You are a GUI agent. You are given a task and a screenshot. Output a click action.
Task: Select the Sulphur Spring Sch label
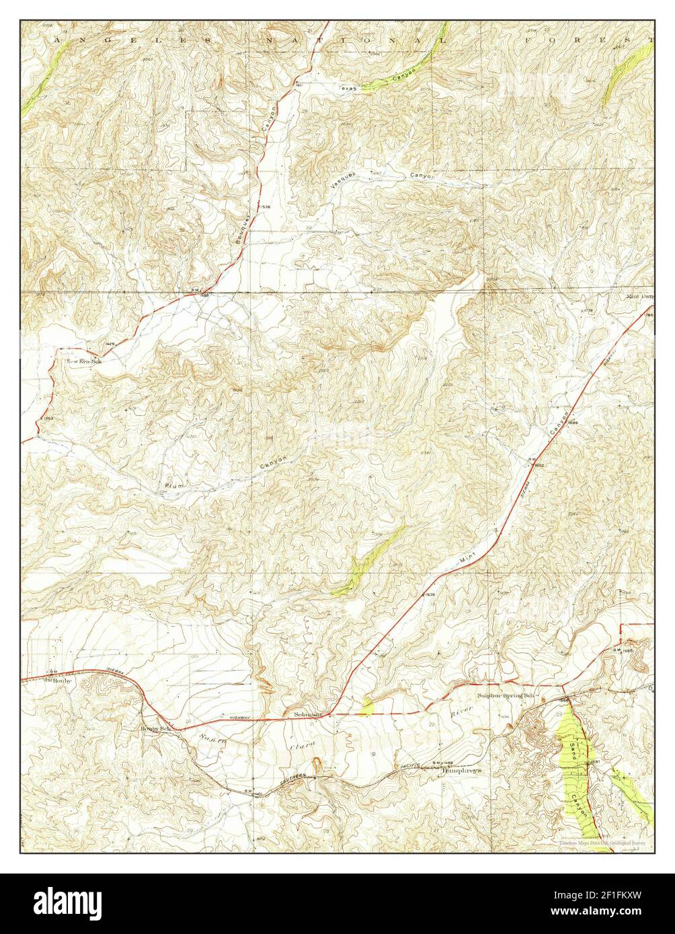point(504,695)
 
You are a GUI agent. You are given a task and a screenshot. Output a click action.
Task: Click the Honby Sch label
point(155,728)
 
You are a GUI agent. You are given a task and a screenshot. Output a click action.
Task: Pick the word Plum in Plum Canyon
point(173,485)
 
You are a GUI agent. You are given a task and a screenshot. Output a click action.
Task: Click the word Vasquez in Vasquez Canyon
point(342,179)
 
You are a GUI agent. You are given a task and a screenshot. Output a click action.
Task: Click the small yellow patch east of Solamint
point(367,706)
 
